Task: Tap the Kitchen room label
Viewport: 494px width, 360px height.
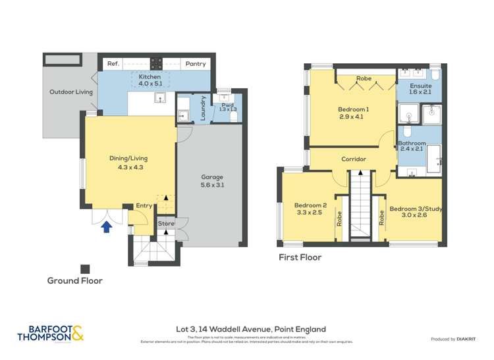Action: click(x=150, y=77)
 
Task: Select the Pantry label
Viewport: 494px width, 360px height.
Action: click(x=195, y=64)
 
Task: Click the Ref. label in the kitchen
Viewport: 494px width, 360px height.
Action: click(x=113, y=64)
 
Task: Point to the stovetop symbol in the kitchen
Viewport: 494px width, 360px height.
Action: click(x=157, y=63)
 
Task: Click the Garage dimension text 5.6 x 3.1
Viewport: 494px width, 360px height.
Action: click(x=212, y=185)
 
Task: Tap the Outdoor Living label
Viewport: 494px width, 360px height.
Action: click(x=71, y=92)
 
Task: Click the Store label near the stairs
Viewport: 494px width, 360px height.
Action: click(x=166, y=224)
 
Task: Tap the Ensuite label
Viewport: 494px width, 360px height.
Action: click(x=420, y=86)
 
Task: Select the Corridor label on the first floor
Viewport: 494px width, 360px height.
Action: click(x=353, y=159)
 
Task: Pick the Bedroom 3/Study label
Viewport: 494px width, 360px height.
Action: click(x=414, y=209)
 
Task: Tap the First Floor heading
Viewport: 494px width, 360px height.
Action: click(x=300, y=257)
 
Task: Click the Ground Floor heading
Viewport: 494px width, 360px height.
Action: click(x=74, y=280)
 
